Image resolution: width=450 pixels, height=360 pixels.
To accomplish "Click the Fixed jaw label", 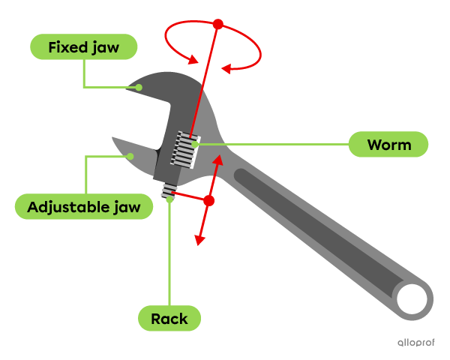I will click(x=84, y=48).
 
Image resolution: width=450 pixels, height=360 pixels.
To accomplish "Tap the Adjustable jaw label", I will click(x=83, y=206).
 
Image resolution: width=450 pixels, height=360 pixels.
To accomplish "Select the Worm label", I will click(x=388, y=145).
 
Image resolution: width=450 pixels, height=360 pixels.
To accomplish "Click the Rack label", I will click(x=169, y=319).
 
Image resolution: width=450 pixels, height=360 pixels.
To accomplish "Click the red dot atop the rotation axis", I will click(x=218, y=24).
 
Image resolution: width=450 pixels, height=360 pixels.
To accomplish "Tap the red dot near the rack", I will click(x=209, y=201).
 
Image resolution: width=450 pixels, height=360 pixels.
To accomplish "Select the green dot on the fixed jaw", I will click(x=139, y=87).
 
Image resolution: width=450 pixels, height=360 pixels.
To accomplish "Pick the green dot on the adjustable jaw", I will click(x=130, y=157).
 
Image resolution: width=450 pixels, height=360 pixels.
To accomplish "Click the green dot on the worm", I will click(x=195, y=144).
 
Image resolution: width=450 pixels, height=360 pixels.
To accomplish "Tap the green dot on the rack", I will click(x=170, y=199).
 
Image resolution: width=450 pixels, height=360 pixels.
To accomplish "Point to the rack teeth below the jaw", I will click(x=170, y=190).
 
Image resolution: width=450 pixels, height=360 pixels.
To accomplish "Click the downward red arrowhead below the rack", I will click(x=199, y=241).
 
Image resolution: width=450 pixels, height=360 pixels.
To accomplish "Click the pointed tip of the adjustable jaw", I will click(x=113, y=139).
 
